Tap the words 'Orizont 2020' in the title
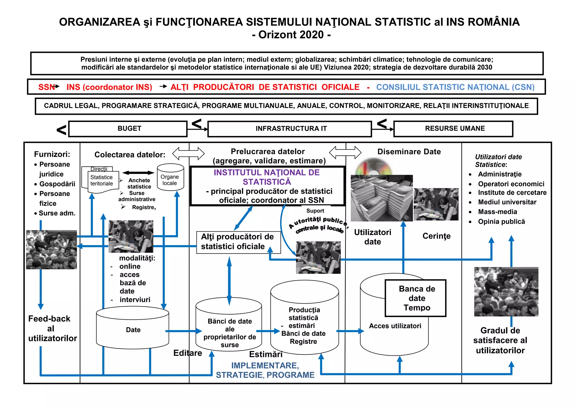click(291, 35)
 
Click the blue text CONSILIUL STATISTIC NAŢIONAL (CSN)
click(455, 87)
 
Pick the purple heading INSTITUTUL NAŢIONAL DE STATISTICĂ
click(267, 177)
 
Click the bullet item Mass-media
click(498, 212)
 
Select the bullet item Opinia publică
click(501, 221)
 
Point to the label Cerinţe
click(436, 236)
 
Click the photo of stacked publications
click(381, 198)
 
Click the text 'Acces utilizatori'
click(395, 326)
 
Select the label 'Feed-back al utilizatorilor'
click(52, 328)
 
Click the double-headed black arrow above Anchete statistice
click(138, 173)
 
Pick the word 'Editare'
click(188, 353)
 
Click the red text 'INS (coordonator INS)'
click(109, 87)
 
